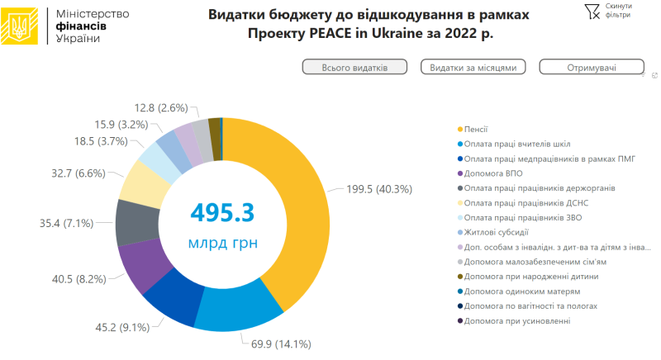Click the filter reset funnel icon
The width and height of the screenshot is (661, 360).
592,11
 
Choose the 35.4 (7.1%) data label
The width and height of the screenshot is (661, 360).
72,223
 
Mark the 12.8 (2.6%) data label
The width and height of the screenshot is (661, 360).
160,107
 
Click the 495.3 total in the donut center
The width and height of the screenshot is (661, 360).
221,212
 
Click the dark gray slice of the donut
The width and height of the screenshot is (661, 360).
135,220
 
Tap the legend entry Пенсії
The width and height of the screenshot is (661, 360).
475,129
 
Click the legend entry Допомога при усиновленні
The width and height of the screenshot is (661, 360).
516,320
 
